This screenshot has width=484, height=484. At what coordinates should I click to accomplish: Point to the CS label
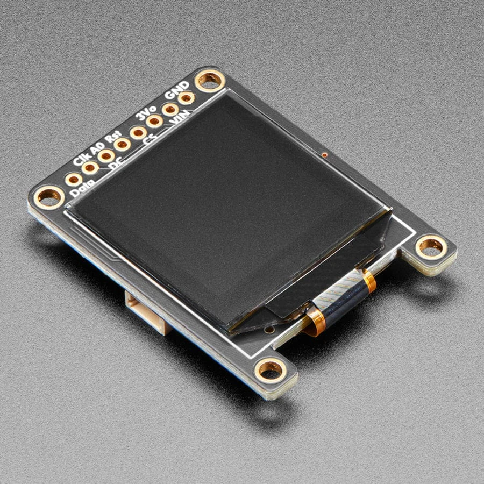(x=150, y=140)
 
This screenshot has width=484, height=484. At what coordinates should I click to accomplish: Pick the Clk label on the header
(x=81, y=159)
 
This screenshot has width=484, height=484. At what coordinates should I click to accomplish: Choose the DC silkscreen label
(x=115, y=165)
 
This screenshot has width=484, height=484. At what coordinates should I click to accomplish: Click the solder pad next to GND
(x=186, y=98)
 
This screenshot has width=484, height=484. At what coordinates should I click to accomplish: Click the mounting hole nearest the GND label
(x=209, y=81)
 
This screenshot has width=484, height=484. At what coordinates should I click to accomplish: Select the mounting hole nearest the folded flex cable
(x=431, y=246)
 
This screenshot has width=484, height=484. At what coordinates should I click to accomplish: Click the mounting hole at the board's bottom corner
(x=270, y=369)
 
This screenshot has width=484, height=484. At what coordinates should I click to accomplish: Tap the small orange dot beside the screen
(x=325, y=155)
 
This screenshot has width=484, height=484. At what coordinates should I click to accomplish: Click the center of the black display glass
(x=226, y=210)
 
